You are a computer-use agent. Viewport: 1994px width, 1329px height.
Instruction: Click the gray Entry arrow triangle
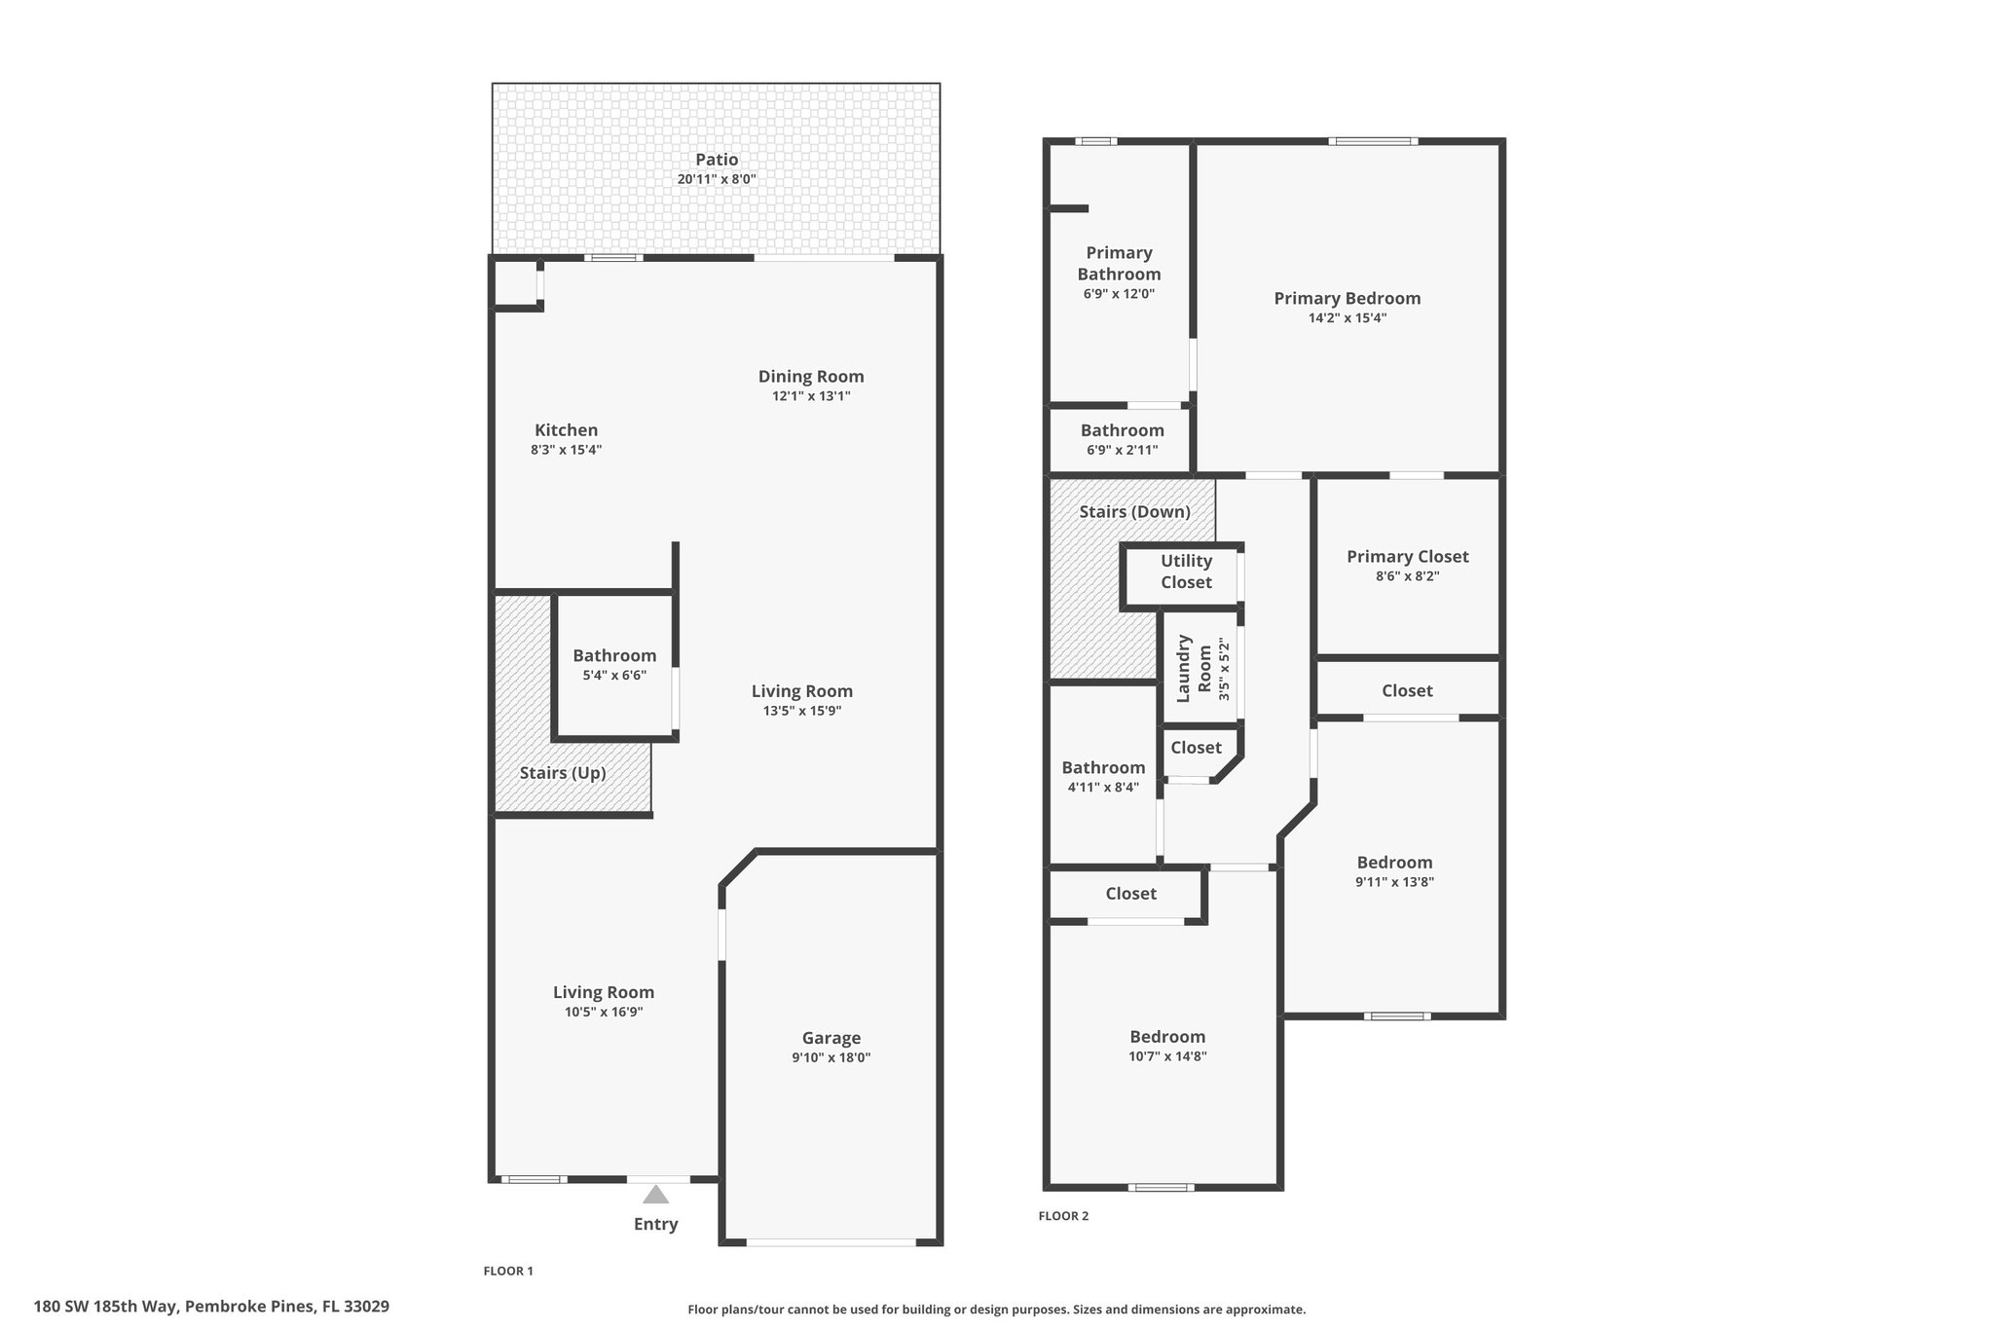656,1195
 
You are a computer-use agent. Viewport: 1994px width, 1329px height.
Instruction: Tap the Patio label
717,160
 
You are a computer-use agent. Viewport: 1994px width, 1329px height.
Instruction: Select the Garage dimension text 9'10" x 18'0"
831,1057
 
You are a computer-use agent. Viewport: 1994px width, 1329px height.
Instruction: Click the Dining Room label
811,377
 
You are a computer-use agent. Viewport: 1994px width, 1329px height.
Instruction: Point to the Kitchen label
567,430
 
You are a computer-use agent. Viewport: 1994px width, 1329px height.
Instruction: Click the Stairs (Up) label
563,773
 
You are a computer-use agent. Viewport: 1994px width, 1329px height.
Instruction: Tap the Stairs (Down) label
1135,512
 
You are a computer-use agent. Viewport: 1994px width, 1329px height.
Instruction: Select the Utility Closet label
1186,572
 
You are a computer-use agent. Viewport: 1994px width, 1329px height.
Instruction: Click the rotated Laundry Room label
1194,669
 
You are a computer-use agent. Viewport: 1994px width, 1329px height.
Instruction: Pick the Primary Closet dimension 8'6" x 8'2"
1408,576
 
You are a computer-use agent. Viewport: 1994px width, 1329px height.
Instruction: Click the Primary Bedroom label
1348,299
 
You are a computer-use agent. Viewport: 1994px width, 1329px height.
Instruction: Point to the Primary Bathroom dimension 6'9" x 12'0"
1119,294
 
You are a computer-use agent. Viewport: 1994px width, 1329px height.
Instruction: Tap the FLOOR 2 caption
1063,1216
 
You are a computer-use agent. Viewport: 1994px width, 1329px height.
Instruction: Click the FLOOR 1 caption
508,1271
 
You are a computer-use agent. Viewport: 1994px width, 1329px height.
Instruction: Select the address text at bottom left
211,1307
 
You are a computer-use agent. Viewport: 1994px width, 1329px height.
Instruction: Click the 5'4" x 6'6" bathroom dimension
614,676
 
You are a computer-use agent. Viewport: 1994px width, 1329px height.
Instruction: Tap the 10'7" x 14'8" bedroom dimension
1167,1056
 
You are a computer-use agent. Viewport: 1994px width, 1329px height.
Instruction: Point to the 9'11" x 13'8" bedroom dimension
1394,882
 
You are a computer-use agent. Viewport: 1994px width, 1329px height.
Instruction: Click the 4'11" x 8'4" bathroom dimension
1103,788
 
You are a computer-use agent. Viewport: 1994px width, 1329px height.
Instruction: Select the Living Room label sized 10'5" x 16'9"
604,992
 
